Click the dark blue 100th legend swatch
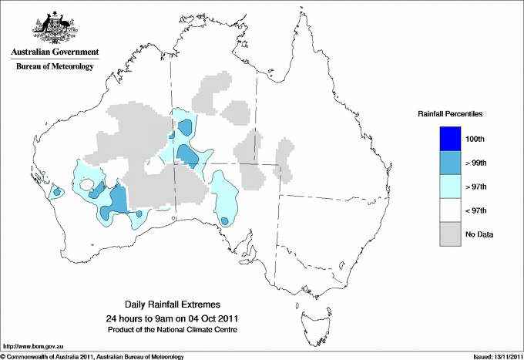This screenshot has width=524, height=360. (x=452, y=139)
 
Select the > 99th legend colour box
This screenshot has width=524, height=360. (x=452, y=163)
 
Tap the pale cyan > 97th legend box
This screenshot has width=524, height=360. (x=452, y=187)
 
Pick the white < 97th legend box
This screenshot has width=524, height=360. (x=452, y=210)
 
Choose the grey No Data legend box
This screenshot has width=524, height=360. (x=452, y=234)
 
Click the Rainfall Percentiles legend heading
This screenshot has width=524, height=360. (x=450, y=114)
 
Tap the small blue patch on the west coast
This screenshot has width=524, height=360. (x=56, y=191)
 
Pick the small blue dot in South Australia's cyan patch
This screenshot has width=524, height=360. (x=224, y=221)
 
